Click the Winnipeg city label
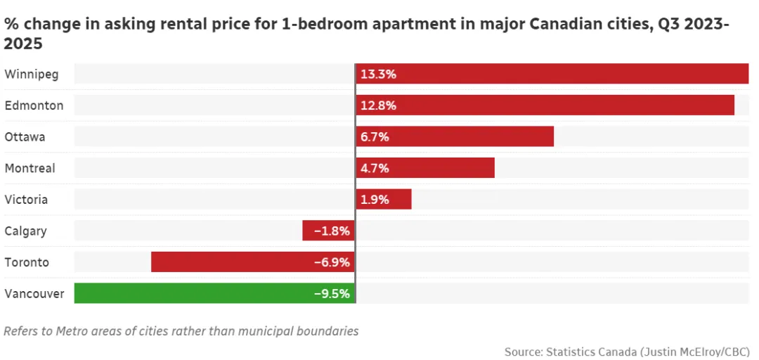[x=32, y=74]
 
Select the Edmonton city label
[x=34, y=105]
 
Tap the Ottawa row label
[x=25, y=136]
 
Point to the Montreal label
[x=30, y=168]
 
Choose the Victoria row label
[x=27, y=200]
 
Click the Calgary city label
[x=26, y=231]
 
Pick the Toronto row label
[x=27, y=262]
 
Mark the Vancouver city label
[x=34, y=293]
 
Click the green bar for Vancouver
[x=190, y=293]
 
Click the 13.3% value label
[x=378, y=74]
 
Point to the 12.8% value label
[x=378, y=105]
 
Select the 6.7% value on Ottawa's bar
[x=375, y=136]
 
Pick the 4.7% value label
[x=375, y=168]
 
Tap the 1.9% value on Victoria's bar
[x=375, y=200]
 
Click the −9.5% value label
[x=332, y=293]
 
